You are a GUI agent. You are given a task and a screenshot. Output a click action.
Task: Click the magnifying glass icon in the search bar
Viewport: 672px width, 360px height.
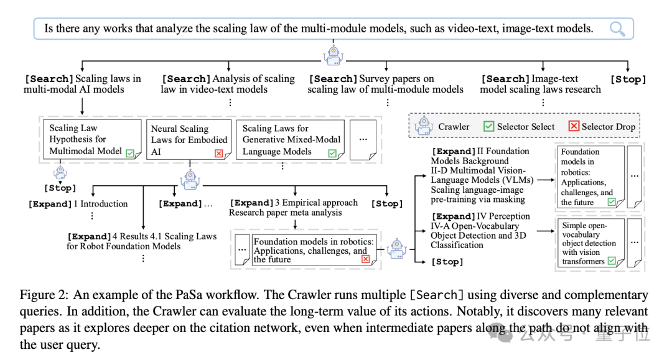pos(617,29)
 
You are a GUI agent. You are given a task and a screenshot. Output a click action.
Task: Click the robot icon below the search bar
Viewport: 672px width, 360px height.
pos(333,55)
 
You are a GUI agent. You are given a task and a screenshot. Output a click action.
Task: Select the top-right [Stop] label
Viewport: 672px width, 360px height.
pos(628,80)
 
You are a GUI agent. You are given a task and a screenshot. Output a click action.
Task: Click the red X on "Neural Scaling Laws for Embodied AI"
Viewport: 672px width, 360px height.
pos(218,153)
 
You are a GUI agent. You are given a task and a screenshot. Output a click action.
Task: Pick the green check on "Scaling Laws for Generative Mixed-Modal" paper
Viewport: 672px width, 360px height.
pos(332,153)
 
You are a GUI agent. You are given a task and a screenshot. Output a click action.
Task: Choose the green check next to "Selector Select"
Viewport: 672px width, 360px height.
pos(488,126)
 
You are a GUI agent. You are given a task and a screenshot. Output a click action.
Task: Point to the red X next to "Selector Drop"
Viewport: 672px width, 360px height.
pos(574,126)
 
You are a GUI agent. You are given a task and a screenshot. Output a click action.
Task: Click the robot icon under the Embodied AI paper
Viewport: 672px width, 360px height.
pos(190,179)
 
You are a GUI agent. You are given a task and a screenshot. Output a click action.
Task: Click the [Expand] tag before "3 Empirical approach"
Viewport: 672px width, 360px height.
pos(252,203)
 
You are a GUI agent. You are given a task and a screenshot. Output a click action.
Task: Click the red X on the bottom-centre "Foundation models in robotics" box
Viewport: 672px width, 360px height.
pos(365,259)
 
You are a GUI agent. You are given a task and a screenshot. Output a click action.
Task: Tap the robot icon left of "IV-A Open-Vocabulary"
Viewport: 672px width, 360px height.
pos(396,247)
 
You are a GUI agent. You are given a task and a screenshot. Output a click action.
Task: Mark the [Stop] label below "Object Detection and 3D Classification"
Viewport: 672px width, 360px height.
pos(447,262)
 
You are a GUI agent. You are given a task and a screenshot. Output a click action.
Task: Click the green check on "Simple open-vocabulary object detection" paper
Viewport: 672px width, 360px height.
pos(612,262)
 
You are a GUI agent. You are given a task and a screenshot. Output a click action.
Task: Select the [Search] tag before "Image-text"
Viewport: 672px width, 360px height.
pos(505,79)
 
